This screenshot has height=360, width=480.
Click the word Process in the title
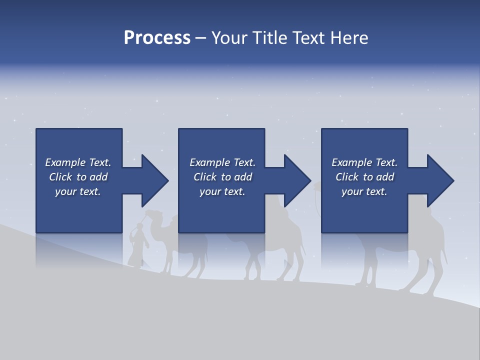pos(157,38)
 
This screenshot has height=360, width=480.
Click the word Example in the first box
pos(64,162)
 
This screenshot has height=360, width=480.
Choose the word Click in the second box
pos(204,177)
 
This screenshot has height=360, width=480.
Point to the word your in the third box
pos(352,191)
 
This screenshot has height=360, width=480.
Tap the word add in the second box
pos(242,177)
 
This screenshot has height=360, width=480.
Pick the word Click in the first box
pos(60,177)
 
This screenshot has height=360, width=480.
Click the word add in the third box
pos(384,177)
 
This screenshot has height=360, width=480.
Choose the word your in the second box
pos(210,191)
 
